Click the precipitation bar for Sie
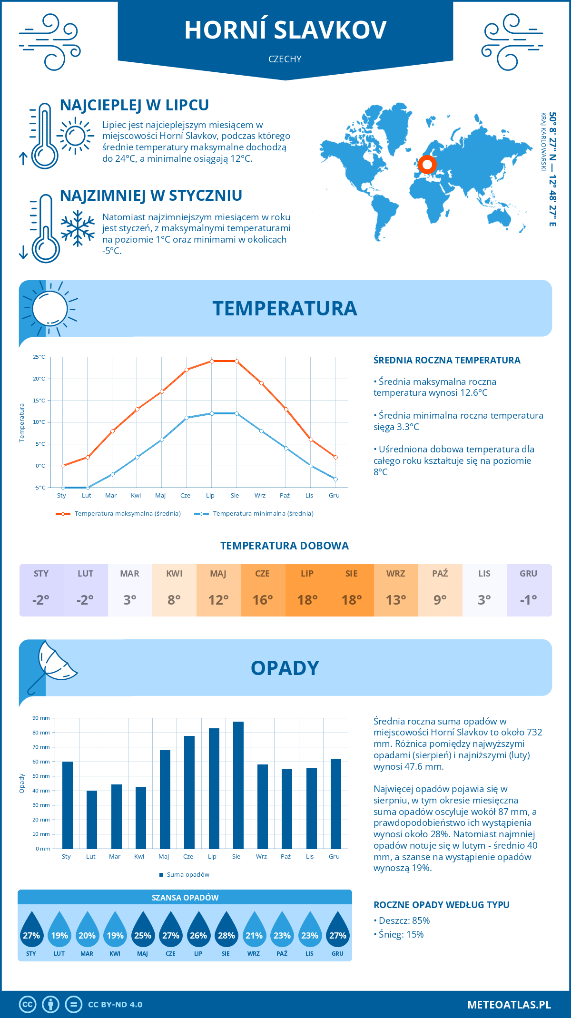(x=238, y=785)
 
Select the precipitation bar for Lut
(x=92, y=819)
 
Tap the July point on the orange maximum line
(x=212, y=361)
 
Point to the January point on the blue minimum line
(x=63, y=488)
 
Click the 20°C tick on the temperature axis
(x=39, y=379)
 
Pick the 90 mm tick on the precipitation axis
(x=41, y=718)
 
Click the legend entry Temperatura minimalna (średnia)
(x=254, y=514)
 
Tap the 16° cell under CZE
(x=263, y=600)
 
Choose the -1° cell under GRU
(x=529, y=600)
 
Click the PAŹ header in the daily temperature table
(x=440, y=574)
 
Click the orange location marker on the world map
(x=427, y=165)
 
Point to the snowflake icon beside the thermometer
(x=78, y=228)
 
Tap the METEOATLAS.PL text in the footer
(x=509, y=1005)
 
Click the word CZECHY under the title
(x=285, y=59)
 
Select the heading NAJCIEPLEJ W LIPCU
(x=135, y=105)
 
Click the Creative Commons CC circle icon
(x=28, y=1005)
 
